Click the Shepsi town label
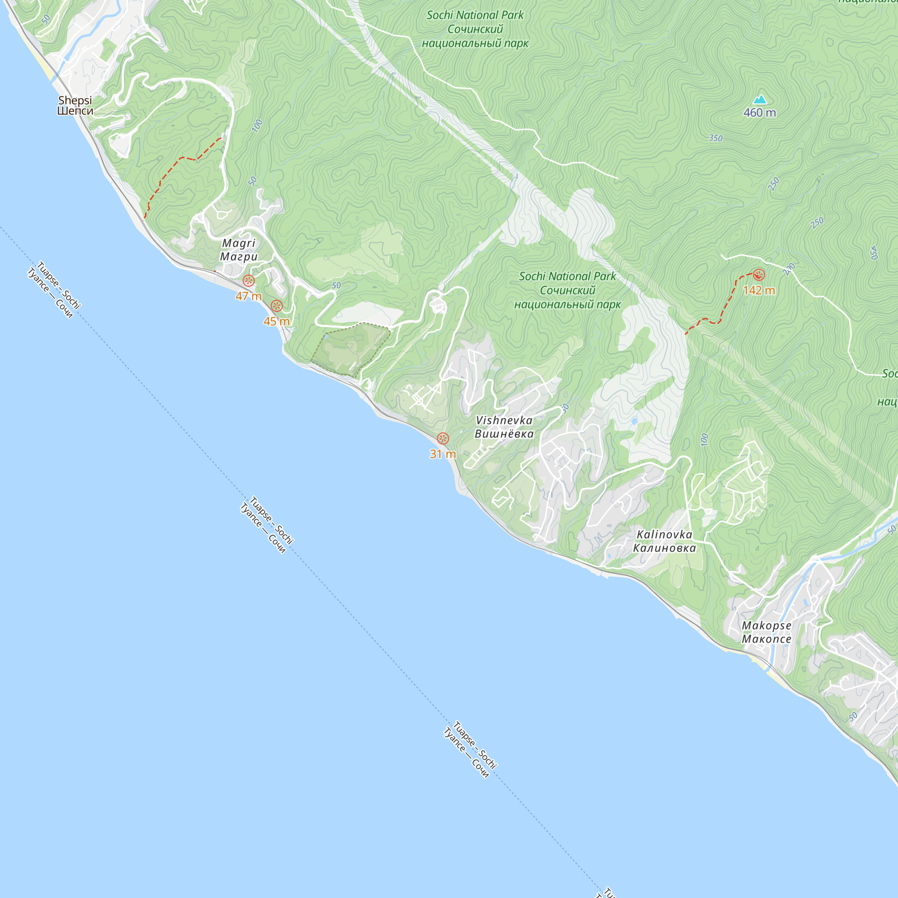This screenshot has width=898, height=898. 75,106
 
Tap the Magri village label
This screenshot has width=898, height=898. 239,250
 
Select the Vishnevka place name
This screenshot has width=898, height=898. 504,427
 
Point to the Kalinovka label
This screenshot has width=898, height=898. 665,541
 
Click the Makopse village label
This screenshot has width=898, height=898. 766,632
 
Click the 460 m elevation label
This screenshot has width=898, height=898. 760,113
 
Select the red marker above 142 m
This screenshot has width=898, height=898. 759,275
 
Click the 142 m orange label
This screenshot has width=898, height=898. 759,291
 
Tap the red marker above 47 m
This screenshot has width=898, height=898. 249,280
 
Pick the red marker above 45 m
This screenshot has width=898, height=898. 277,305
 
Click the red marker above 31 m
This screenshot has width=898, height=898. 443,438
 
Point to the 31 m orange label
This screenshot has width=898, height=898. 443,454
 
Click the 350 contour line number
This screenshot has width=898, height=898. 716,138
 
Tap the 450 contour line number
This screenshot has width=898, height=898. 873,252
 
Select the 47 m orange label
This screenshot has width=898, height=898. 249,296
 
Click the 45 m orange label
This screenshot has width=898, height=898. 277,321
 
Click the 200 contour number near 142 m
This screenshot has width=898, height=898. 789,269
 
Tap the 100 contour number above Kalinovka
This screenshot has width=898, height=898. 704,439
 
